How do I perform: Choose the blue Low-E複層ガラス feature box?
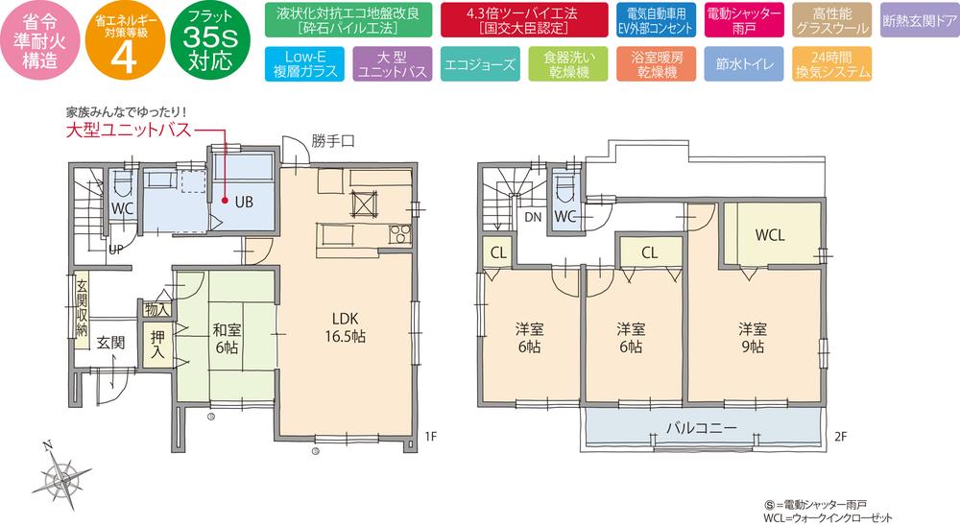click(x=300, y=64)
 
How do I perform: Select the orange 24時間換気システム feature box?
click(x=833, y=64)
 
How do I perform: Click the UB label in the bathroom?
click(x=244, y=202)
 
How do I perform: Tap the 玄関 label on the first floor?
click(x=109, y=342)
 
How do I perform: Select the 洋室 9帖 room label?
click(x=754, y=336)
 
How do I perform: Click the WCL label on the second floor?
click(x=770, y=234)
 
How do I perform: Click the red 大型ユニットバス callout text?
click(x=129, y=130)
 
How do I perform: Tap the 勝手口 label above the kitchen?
click(x=332, y=139)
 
